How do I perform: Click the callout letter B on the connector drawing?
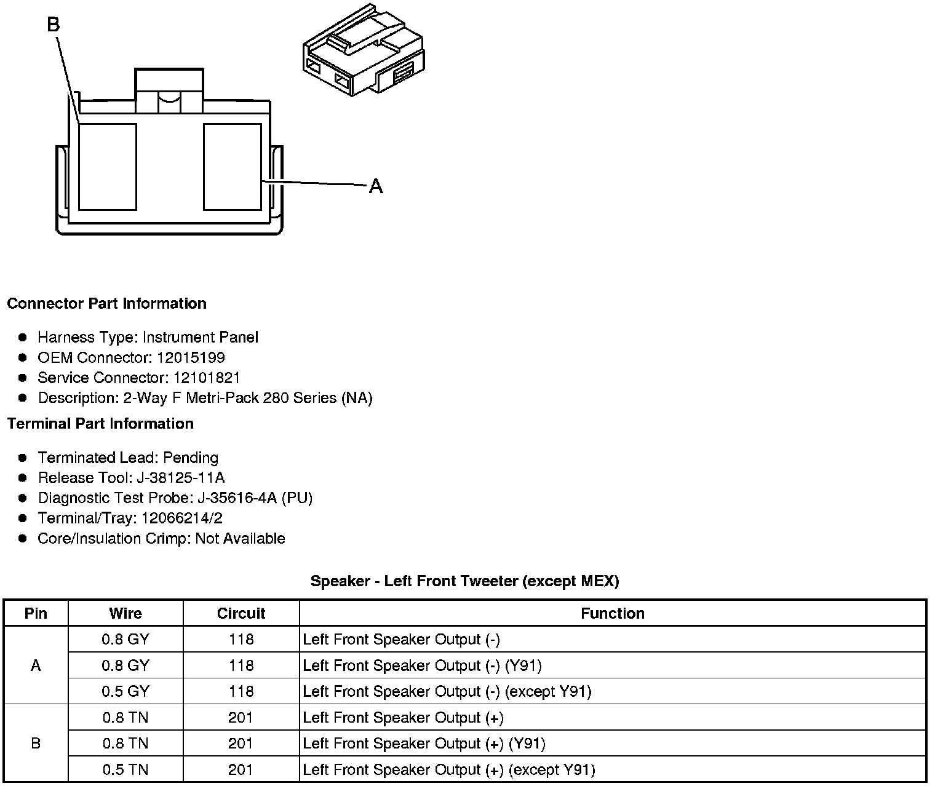(54, 25)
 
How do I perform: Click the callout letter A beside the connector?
(376, 186)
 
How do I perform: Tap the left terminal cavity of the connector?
(108, 167)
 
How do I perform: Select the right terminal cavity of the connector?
(233, 167)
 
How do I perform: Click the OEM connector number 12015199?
(191, 358)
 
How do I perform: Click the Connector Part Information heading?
(106, 304)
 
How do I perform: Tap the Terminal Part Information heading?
(100, 424)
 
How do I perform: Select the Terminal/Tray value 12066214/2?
(182, 518)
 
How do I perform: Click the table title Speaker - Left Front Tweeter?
(464, 581)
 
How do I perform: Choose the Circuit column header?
(241, 614)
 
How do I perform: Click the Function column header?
(613, 614)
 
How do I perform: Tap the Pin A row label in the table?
(36, 665)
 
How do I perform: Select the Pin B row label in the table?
(36, 744)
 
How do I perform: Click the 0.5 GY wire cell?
(125, 692)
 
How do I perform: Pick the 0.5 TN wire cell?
(125, 770)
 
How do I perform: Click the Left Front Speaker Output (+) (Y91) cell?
(424, 744)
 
